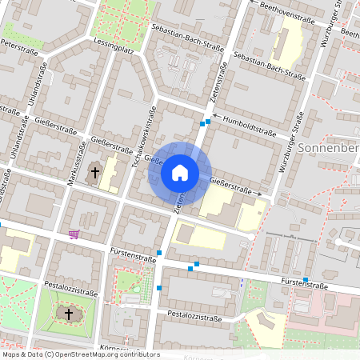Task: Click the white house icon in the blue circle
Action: point(179,172)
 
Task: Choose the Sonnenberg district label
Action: point(329,150)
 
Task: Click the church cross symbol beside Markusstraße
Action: point(94,171)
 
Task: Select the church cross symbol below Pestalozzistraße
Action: point(68,314)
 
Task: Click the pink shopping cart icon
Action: point(74,234)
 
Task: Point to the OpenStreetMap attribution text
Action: point(81,354)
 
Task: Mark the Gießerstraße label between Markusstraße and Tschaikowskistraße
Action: point(111,147)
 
